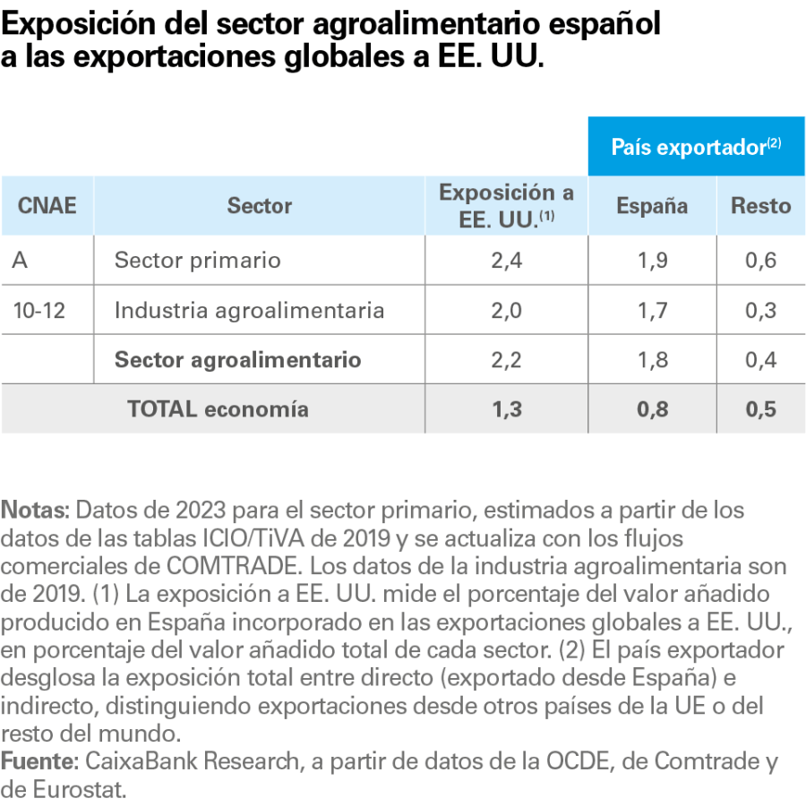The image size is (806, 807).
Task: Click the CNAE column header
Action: coord(47,206)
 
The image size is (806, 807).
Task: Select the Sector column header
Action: coord(260,206)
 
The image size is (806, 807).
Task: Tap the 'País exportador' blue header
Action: coord(696,147)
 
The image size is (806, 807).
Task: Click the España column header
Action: coord(652,206)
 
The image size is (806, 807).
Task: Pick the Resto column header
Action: coord(761,206)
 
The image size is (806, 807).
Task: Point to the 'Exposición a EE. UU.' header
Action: coord(506,206)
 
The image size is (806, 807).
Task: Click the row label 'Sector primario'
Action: coord(198,261)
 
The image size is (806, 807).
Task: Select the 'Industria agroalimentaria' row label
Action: coord(250,311)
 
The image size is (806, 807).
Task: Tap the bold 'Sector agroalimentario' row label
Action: coord(238,360)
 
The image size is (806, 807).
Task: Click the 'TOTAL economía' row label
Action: coord(219,409)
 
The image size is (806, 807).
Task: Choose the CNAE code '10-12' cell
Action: coord(40,311)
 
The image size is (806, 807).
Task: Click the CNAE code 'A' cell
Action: coord(20,261)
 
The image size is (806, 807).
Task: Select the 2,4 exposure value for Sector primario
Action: coord(506,261)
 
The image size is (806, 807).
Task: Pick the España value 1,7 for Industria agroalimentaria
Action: coord(652,311)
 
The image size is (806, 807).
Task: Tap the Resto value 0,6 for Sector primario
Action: coord(761,261)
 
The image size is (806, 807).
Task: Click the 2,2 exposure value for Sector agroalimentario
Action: coord(506,360)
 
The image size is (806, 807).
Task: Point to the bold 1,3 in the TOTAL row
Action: coord(506,409)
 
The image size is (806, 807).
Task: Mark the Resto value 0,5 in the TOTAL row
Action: coord(761,409)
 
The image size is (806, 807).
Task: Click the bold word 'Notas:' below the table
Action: coord(35,511)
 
